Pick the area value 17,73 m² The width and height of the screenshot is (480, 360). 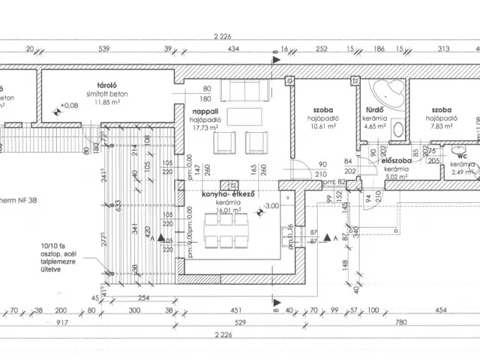point(199,127)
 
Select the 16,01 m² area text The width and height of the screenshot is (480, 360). point(226,211)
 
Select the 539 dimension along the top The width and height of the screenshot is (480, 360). point(104,49)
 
